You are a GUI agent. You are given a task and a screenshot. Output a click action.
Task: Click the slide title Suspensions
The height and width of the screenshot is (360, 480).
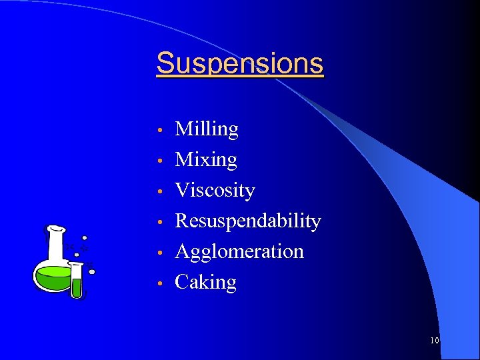pos(240,64)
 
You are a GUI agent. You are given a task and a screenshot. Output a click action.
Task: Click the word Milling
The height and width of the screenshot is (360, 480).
pos(206,129)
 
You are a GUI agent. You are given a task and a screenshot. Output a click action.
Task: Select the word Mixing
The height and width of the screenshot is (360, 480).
pos(205,160)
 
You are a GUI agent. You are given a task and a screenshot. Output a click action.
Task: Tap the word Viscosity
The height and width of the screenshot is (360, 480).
pos(215,191)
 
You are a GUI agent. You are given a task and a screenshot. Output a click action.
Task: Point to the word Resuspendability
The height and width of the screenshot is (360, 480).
pos(247,221)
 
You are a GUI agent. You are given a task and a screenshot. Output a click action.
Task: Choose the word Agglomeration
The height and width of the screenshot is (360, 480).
pos(239,251)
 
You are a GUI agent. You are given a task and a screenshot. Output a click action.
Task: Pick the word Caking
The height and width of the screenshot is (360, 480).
pos(205,283)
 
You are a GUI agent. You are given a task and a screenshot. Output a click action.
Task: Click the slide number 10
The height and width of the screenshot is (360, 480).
pos(435,341)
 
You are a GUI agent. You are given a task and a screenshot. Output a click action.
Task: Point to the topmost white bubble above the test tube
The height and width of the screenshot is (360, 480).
pos(85,238)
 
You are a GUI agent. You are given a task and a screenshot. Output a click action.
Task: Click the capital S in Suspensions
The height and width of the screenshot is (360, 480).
pos(165,64)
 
